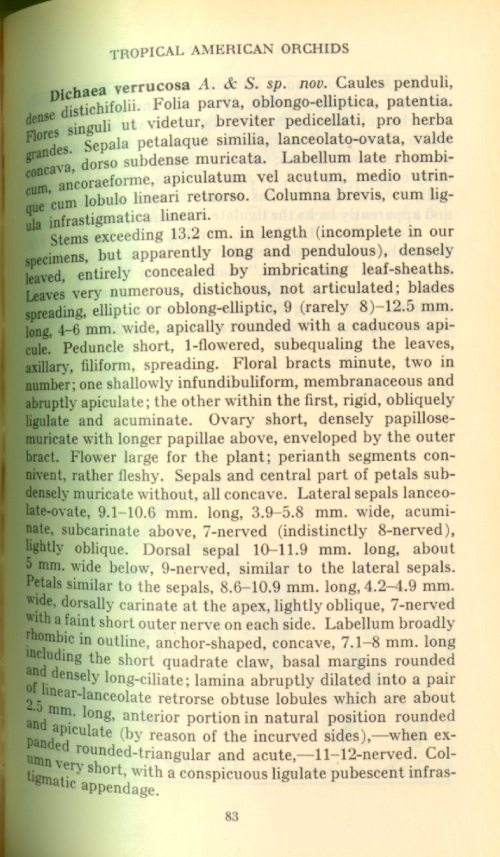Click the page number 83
[232, 817]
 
